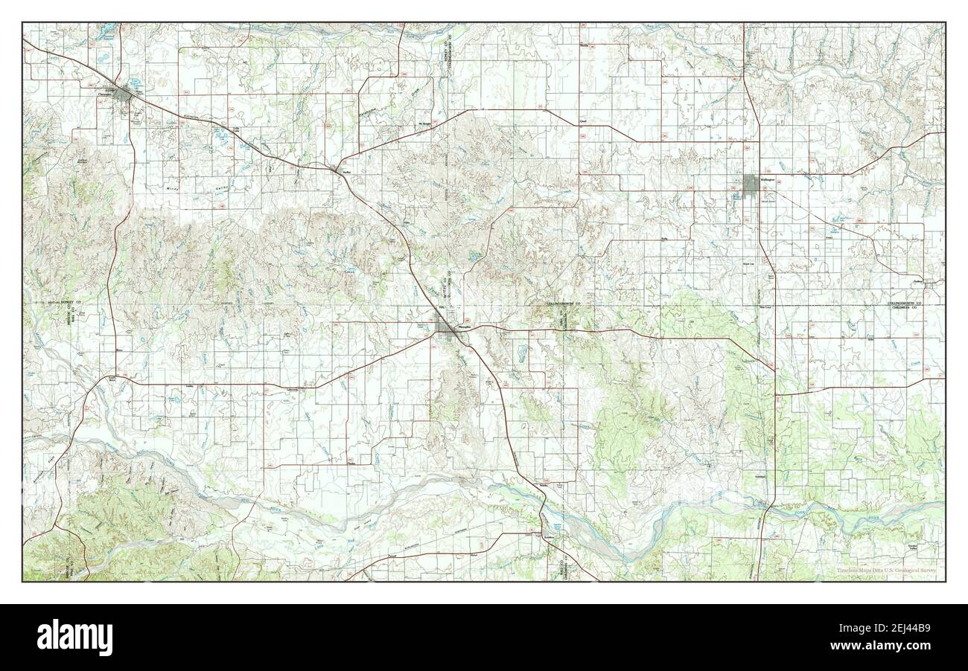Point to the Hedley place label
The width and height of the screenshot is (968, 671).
[345, 173]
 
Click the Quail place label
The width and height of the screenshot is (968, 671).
[584, 121]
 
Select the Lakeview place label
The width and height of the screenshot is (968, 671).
[292, 390]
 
